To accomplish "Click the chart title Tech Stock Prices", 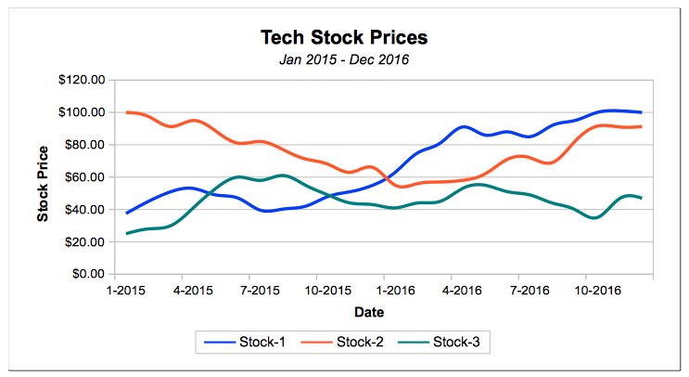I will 344,38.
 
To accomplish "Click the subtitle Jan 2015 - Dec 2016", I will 344,60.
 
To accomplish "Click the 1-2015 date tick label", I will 115,291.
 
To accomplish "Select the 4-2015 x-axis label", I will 183,291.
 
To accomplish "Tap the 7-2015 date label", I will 250,291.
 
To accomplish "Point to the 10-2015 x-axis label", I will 317,291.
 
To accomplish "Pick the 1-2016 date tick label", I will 384,291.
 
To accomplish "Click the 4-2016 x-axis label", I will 452,291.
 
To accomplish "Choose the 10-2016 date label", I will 586,291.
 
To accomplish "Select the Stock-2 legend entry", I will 345,343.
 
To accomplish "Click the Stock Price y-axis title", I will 43,183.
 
